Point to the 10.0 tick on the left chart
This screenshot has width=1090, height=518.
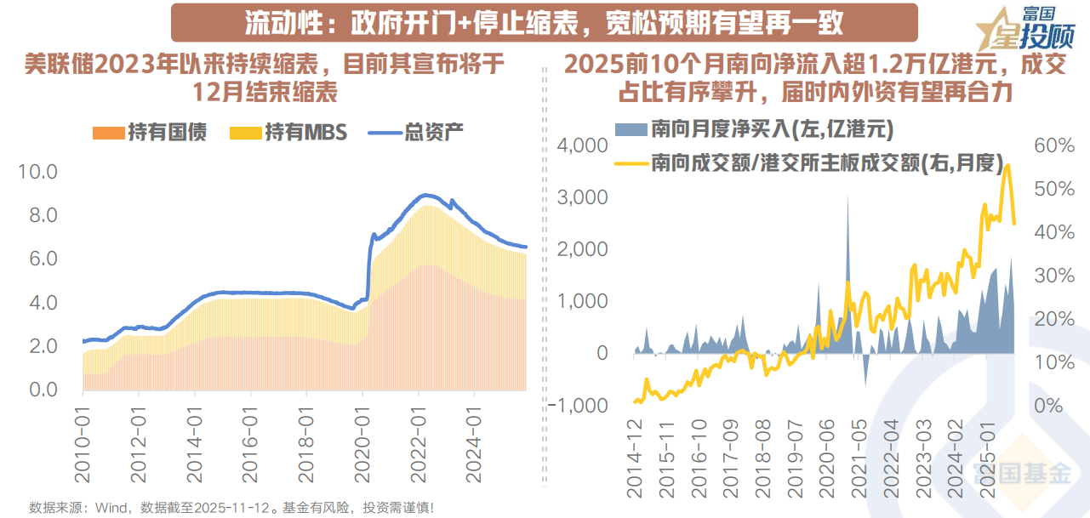coord(37,172)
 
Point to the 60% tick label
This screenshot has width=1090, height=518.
coord(1053,145)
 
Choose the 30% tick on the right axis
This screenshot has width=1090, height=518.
coord(1053,275)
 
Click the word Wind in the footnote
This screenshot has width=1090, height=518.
coord(112,508)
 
